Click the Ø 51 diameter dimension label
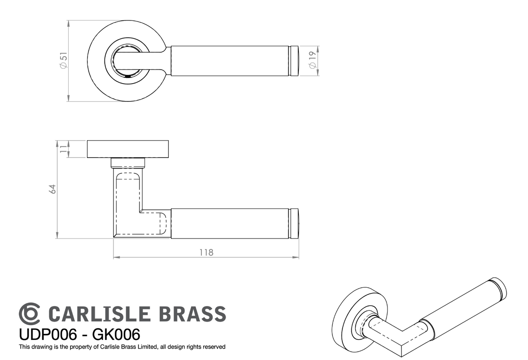pyautogui.click(x=63, y=60)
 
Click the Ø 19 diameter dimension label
pyautogui.click(x=311, y=61)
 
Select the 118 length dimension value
pyautogui.click(x=206, y=252)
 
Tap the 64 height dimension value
pyautogui.click(x=53, y=189)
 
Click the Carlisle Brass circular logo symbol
pyautogui.click(x=30, y=313)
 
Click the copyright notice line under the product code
pyautogui.click(x=122, y=347)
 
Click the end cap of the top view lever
pyautogui.click(x=294, y=61)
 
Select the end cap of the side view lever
pyautogui.click(x=294, y=223)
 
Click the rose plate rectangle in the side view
pyautogui.click(x=128, y=149)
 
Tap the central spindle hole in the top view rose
pyautogui.click(x=127, y=61)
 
